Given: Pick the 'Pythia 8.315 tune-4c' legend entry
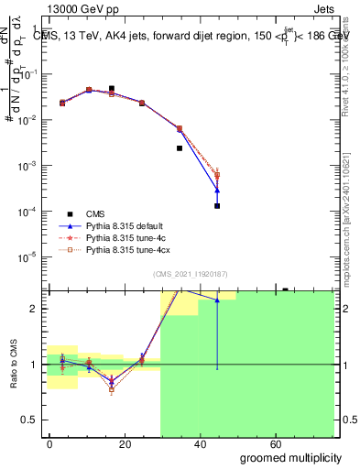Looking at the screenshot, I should coord(126,236).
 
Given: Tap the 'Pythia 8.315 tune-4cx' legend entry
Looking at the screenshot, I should coord(128,248).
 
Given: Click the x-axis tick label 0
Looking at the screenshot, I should coord(49,443).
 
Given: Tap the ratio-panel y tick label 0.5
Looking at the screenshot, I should coord(28,420).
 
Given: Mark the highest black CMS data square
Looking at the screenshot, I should coord(111,89).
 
